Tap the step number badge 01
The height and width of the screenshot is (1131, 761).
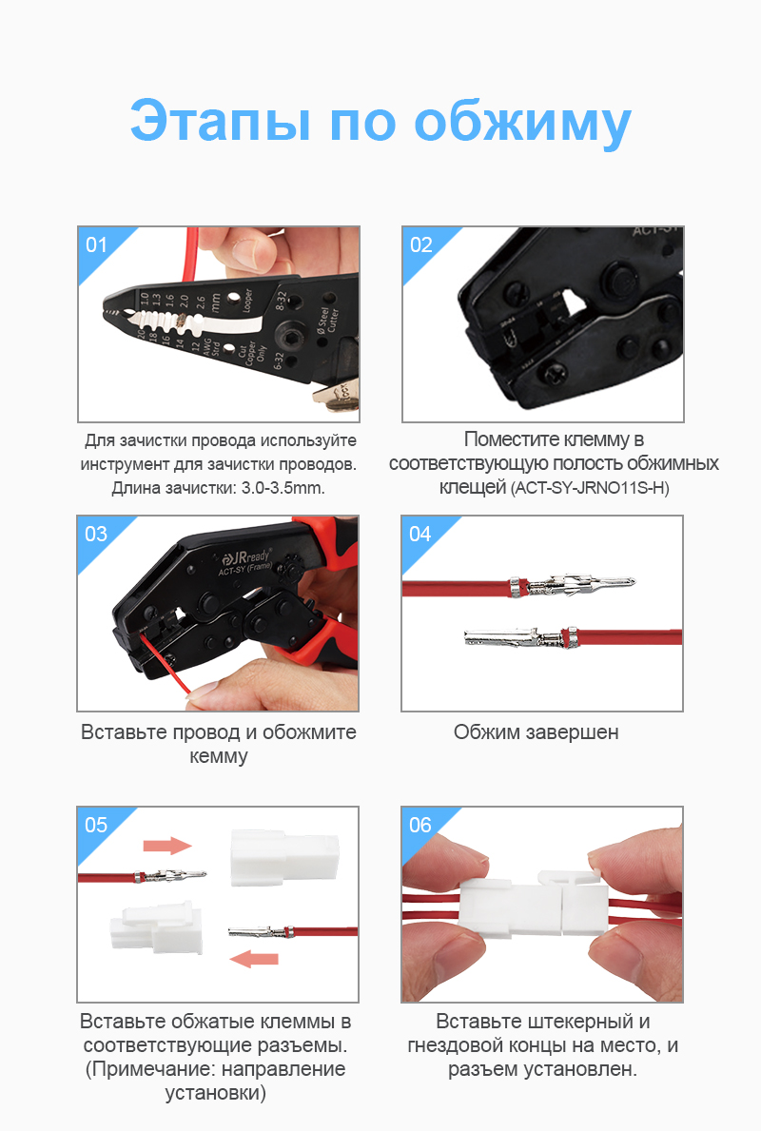coord(97,245)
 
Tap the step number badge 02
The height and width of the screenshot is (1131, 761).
coord(421,245)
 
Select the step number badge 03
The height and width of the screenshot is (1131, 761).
coord(97,535)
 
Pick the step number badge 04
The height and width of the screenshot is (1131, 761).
coord(421,535)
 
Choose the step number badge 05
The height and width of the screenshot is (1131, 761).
coord(97,825)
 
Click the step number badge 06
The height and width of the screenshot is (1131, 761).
coord(421,825)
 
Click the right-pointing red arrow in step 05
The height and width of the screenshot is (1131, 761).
coord(167,846)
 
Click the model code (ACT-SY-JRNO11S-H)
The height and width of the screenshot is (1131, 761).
coord(590,489)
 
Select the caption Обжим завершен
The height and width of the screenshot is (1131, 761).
coord(536,732)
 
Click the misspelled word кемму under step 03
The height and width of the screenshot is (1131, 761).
coord(219,757)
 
